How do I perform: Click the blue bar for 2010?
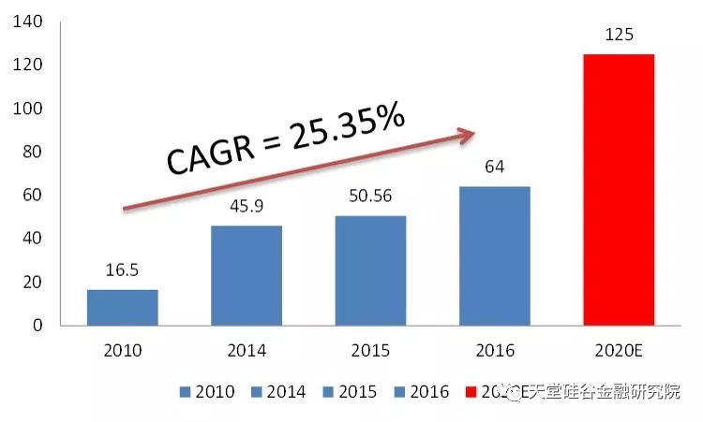click(x=123, y=307)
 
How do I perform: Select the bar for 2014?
click(x=247, y=275)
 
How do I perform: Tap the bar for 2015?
click(x=371, y=270)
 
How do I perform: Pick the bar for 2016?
click(x=495, y=255)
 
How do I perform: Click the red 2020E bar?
click(x=619, y=190)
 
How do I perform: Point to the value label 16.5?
click(x=123, y=271)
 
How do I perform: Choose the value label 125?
click(x=619, y=36)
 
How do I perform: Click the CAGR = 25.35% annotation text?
click(x=286, y=139)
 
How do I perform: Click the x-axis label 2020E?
click(x=619, y=351)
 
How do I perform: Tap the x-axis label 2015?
click(x=371, y=351)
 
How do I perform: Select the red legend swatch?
click(x=470, y=392)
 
